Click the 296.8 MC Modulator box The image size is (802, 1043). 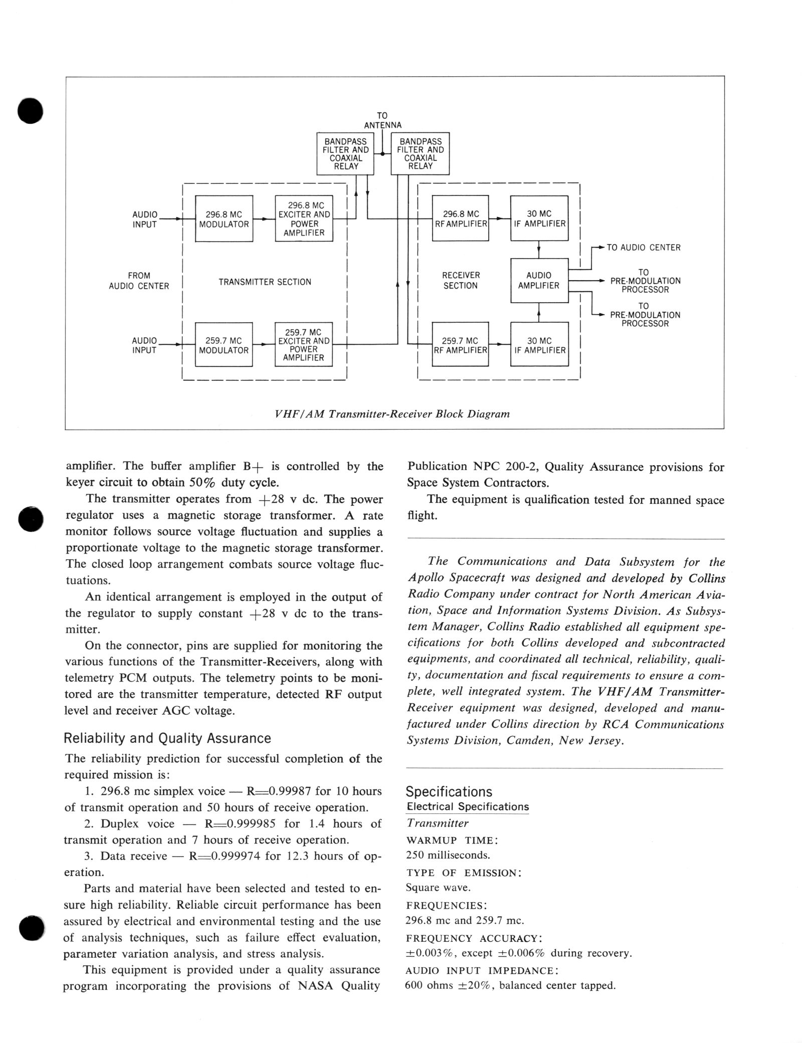pyautogui.click(x=224, y=219)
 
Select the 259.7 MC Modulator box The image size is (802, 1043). pyautogui.click(x=224, y=344)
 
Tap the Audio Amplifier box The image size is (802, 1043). pyautogui.click(x=539, y=280)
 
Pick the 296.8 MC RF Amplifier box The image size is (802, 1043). pyautogui.click(x=460, y=219)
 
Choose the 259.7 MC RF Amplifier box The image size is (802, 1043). pyautogui.click(x=460, y=344)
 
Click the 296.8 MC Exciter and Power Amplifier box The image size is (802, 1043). pyautogui.click(x=304, y=219)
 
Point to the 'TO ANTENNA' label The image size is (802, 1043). pyautogui.click(x=382, y=120)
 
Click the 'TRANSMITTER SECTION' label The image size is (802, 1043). pyautogui.click(x=265, y=282)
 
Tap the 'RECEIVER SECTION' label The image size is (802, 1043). pyautogui.click(x=461, y=280)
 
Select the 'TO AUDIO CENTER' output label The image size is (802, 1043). pyautogui.click(x=644, y=248)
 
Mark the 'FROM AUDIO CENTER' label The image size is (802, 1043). pyautogui.click(x=139, y=281)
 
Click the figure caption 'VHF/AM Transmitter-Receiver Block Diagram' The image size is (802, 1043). pyautogui.click(x=392, y=414)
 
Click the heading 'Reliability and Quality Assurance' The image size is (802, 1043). pyautogui.click(x=167, y=738)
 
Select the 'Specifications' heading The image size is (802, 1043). pyautogui.click(x=449, y=792)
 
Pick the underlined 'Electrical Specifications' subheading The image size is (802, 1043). pyautogui.click(x=468, y=807)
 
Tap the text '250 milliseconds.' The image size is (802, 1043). pyautogui.click(x=448, y=855)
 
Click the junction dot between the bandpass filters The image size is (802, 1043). pyautogui.click(x=382, y=154)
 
